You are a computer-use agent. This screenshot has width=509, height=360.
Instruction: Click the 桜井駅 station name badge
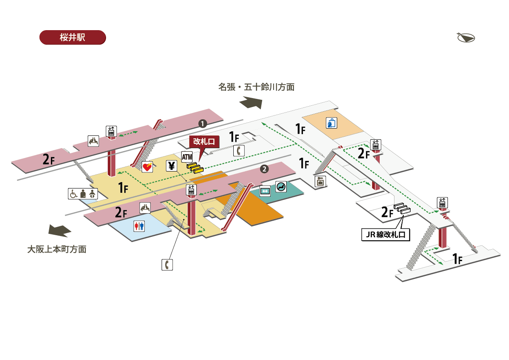click(72, 37)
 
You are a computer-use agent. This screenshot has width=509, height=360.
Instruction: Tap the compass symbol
click(466, 38)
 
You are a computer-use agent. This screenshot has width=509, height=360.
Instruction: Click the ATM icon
click(187, 157)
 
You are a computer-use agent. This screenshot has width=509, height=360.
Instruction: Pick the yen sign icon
click(171, 166)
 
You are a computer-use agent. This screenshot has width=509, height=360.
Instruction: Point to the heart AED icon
click(147, 167)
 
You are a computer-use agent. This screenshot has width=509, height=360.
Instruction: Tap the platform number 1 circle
click(203, 124)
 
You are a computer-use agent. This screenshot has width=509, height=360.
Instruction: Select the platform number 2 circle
click(264, 169)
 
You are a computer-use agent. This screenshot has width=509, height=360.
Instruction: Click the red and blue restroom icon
click(139, 226)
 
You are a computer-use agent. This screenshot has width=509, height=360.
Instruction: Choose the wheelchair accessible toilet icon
click(73, 194)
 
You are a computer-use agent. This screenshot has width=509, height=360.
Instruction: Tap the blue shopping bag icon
click(331, 123)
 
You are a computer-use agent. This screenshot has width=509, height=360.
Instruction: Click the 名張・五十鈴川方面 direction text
click(256, 87)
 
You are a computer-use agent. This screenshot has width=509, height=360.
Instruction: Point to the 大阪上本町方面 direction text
click(56, 249)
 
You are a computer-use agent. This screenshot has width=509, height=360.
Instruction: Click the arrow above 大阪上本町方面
click(59, 230)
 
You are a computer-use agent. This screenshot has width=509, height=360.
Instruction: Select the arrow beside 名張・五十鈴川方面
click(251, 103)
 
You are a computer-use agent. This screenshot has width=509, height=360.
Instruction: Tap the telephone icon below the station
click(168, 265)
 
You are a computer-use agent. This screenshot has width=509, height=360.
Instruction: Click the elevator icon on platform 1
click(111, 131)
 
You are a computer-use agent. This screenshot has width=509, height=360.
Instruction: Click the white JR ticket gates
click(401, 208)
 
